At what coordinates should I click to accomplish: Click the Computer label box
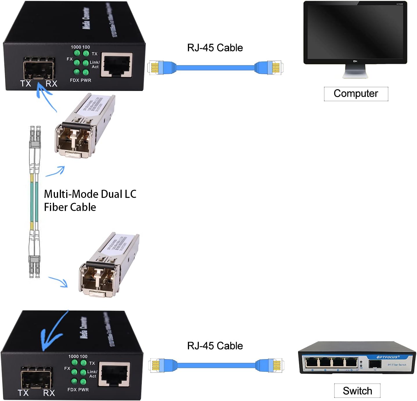click(x=356, y=94)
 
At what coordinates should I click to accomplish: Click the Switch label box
click(x=357, y=391)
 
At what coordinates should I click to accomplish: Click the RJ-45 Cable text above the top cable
click(x=215, y=48)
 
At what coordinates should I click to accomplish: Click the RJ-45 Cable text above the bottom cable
click(x=215, y=346)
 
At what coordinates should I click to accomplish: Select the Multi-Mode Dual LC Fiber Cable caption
click(x=90, y=201)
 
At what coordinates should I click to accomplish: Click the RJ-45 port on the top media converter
click(x=116, y=65)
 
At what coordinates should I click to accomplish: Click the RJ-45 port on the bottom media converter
click(x=114, y=375)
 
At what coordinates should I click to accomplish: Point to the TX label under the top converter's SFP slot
click(x=26, y=84)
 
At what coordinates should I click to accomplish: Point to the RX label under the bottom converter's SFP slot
click(x=49, y=393)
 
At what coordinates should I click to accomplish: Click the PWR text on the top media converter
click(x=86, y=80)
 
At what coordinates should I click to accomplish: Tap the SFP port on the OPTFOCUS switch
click(x=375, y=364)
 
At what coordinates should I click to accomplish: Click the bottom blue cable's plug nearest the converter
click(x=158, y=365)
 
